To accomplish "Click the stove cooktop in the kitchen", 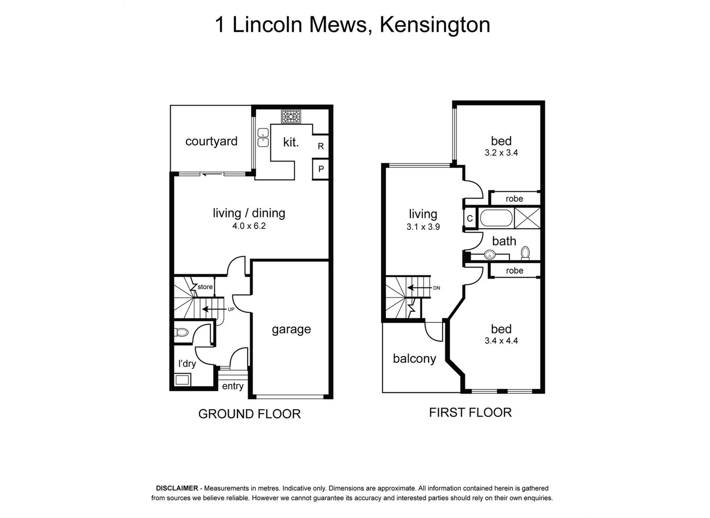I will (x=291, y=117).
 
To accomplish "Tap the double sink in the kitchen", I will (x=263, y=138).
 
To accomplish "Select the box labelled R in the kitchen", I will (x=321, y=146).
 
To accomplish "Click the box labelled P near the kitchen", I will (x=321, y=169).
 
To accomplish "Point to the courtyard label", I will (x=211, y=141).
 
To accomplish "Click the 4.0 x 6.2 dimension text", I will (x=249, y=226).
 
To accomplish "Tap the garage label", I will (x=291, y=330).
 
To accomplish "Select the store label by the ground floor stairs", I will (x=205, y=287).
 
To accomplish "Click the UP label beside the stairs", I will (x=231, y=309).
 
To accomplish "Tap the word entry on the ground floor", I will (x=233, y=386).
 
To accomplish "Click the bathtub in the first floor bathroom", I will (x=496, y=218).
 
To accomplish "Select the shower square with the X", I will (x=527, y=218).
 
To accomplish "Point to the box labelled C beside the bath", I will (x=469, y=219).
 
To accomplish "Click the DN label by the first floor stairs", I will (x=436, y=288).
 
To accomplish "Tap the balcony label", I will (x=414, y=359).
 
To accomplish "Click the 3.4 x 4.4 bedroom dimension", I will (x=501, y=341).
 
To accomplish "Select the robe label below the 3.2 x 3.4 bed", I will (x=514, y=199).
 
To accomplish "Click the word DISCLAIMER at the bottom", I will (x=177, y=488).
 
